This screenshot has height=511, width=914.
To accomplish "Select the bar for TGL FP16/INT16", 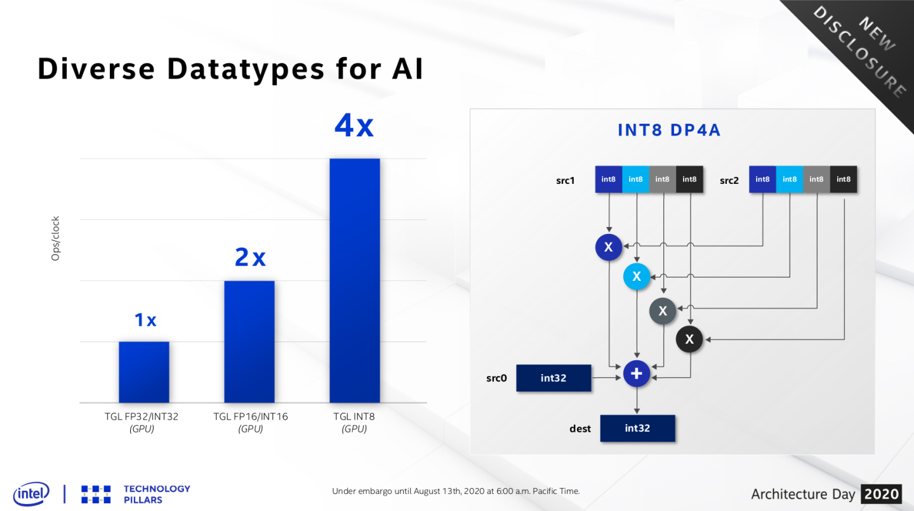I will pos(249,341).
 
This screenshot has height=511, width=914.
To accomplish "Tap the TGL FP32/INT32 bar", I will pos(143,372).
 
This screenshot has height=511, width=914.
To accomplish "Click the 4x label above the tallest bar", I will pos(354,126).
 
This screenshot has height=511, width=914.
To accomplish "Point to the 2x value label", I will pos(250,257).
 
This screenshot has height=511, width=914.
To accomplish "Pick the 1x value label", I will pos(145,320).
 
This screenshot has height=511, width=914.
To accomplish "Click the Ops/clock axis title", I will pos(56,238).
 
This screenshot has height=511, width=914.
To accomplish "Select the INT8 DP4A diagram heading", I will pos(669,131).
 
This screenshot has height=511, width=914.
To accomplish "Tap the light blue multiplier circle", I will pos(637,276).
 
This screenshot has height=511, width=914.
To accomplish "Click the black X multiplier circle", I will pos(689,340).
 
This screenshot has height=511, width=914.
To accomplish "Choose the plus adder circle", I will pos(637,374).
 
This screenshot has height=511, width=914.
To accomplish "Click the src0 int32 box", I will pos(553,378).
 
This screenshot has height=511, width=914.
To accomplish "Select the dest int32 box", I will pos(637,428).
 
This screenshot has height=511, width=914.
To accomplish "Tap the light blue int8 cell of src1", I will pos(635,179).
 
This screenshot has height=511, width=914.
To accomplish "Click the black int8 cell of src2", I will pos(844,179).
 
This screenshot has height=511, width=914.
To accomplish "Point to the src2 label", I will pos(729,181).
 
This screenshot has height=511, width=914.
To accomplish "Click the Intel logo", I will pos(30,493).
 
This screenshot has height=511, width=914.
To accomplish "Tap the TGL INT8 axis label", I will pos(354,417).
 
